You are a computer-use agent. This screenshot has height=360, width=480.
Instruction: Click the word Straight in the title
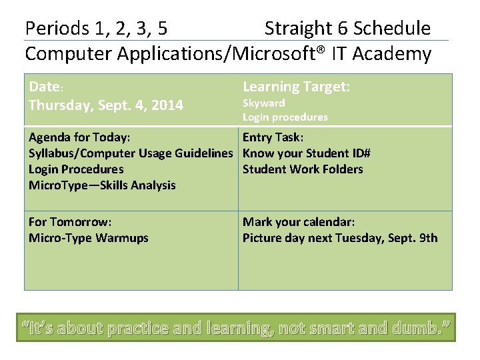(297, 29)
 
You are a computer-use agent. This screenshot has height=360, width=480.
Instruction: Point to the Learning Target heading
(297, 87)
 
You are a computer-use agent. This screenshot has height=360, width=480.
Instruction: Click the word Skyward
(263, 103)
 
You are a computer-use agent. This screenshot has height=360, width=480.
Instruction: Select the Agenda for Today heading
(79, 137)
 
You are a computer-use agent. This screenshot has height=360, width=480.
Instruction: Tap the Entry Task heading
(273, 137)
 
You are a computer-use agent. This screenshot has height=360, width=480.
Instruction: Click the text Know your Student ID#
(307, 153)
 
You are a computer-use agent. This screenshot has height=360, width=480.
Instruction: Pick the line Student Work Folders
(303, 169)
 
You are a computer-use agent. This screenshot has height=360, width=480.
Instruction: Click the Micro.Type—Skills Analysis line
(102, 185)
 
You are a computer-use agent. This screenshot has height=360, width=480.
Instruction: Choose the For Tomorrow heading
(70, 222)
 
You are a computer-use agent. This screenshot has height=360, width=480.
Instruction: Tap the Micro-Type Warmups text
(89, 238)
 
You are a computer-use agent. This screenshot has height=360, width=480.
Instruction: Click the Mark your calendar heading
(299, 222)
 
